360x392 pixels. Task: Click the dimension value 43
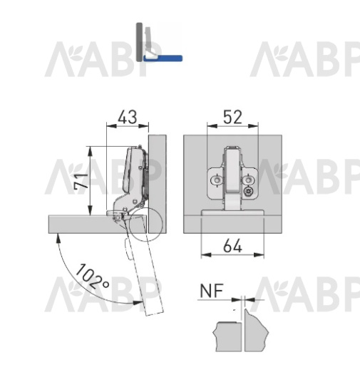coord(128,117)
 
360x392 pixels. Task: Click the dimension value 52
coord(232,117)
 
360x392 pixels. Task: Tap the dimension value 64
coord(232,246)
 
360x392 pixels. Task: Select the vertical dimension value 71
coord(81,181)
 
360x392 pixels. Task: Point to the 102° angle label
coord(92,277)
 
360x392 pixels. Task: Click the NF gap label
coord(212,291)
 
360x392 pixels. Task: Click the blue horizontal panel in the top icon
coord(163,58)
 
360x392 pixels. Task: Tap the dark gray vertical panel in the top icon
coord(139,42)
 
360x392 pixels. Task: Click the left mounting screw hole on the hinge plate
coord(217,180)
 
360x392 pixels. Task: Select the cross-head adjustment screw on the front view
coord(249,192)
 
